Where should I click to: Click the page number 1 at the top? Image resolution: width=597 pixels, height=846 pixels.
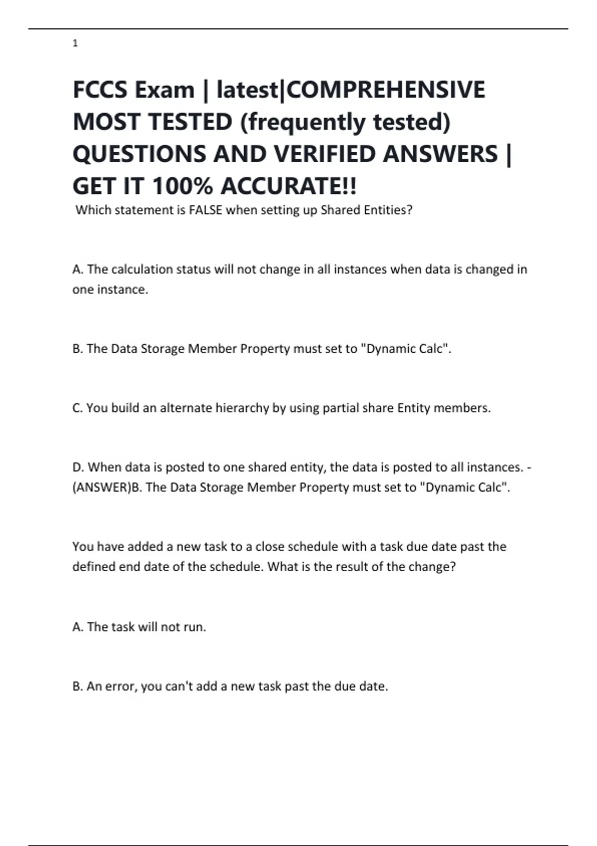point(75,44)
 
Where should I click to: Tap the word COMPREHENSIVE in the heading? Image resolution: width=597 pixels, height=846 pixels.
point(387,90)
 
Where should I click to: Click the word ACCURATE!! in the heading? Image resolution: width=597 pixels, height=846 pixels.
point(289,187)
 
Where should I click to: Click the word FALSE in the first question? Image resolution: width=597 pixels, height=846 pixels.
point(205,210)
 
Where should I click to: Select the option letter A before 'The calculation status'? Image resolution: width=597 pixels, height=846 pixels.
point(78,269)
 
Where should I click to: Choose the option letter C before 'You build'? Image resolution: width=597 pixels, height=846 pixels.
point(77,408)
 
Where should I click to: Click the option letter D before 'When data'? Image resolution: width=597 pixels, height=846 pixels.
point(78,467)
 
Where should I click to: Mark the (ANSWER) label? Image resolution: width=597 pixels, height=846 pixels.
point(101,487)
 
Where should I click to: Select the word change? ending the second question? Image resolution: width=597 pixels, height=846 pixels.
point(432,567)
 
